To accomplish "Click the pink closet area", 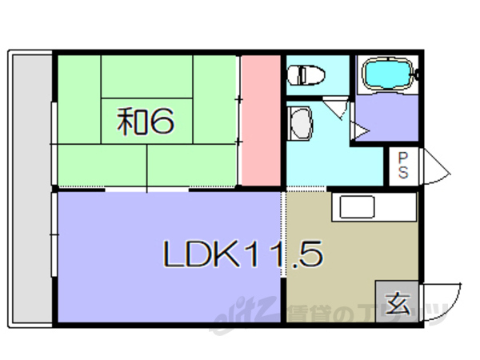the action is coord(260,120).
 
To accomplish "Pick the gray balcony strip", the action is coord(30,188).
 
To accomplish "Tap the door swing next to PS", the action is coord(434,165).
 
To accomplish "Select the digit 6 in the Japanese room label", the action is coord(162,122).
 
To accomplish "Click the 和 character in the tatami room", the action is coord(132,122).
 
